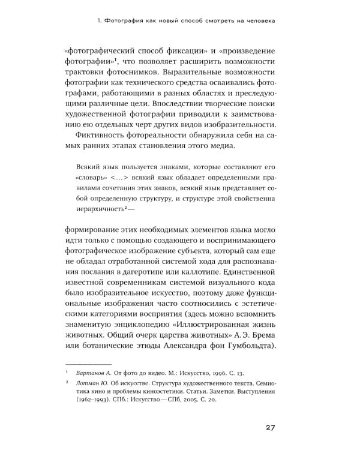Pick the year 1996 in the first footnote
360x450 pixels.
(215, 372)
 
